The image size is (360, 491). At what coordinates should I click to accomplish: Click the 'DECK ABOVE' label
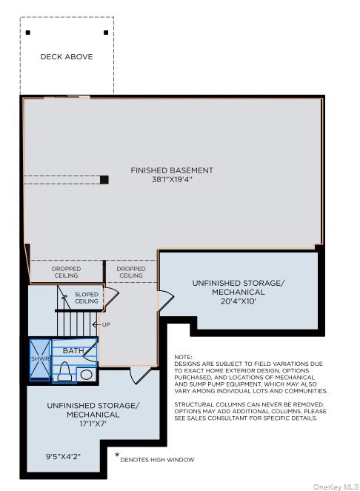pos(67,56)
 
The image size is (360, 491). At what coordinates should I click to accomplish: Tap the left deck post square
pos(28,33)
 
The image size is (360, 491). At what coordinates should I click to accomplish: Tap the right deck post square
pos(106,33)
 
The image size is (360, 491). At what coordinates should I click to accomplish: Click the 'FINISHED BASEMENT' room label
pos(172,170)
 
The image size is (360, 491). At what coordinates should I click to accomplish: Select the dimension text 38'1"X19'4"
pos(172,180)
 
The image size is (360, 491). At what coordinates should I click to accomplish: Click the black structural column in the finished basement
pos(104,179)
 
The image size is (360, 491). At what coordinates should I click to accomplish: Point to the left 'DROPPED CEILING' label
pos(67,272)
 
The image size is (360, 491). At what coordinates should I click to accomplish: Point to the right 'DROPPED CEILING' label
pos(131,272)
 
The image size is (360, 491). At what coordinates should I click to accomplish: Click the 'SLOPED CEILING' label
pos(86,298)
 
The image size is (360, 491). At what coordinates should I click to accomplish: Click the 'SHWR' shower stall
pos(39,359)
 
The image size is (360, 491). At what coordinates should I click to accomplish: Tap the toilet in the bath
pos(64,370)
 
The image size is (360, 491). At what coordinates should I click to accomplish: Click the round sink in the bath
pos(87,375)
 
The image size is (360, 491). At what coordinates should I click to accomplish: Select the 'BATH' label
pos(73,350)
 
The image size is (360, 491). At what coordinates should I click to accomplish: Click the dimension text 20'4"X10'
pos(238,301)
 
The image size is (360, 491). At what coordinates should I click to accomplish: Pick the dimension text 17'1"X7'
pos(93,424)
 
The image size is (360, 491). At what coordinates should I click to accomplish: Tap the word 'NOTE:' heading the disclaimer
pos(183,357)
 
